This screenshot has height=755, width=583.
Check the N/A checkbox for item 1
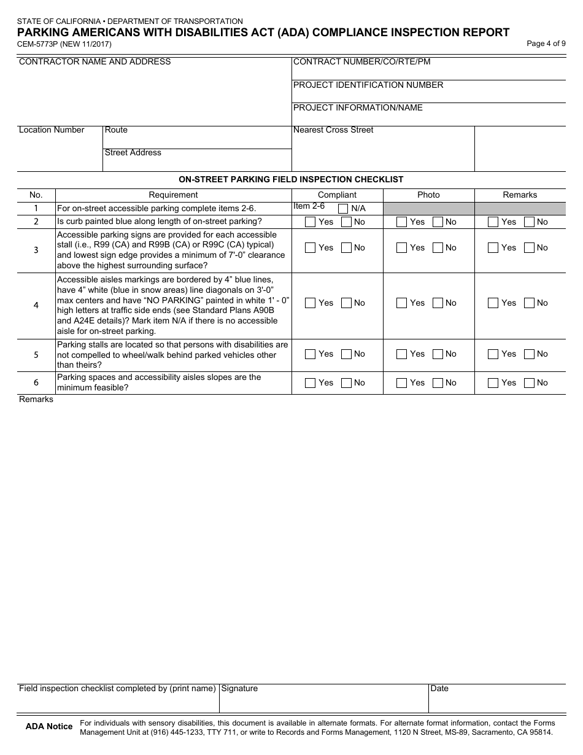click(343, 209)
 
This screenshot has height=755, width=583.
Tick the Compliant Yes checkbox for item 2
click(311, 222)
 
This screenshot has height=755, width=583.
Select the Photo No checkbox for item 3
click(438, 248)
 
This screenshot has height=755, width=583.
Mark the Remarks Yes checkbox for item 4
click(493, 303)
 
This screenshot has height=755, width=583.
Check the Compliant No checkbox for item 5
click(347, 354)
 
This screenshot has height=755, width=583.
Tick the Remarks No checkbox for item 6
click(530, 383)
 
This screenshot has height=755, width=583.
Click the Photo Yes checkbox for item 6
click(402, 383)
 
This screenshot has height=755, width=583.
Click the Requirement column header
click(173, 195)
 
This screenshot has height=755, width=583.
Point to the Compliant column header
click(337, 195)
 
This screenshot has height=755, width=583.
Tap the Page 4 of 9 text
click(546, 44)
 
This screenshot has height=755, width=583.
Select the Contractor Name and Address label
click(95, 61)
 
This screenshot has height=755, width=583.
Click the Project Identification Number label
click(368, 85)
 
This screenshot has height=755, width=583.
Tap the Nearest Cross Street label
click(333, 130)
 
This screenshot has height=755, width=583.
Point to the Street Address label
click(133, 153)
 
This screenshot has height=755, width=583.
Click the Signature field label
click(239, 689)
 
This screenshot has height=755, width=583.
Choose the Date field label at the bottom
click(439, 689)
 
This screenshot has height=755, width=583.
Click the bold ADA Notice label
click(49, 727)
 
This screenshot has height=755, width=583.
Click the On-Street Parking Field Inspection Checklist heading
click(291, 180)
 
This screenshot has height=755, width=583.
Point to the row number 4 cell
click(36, 306)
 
